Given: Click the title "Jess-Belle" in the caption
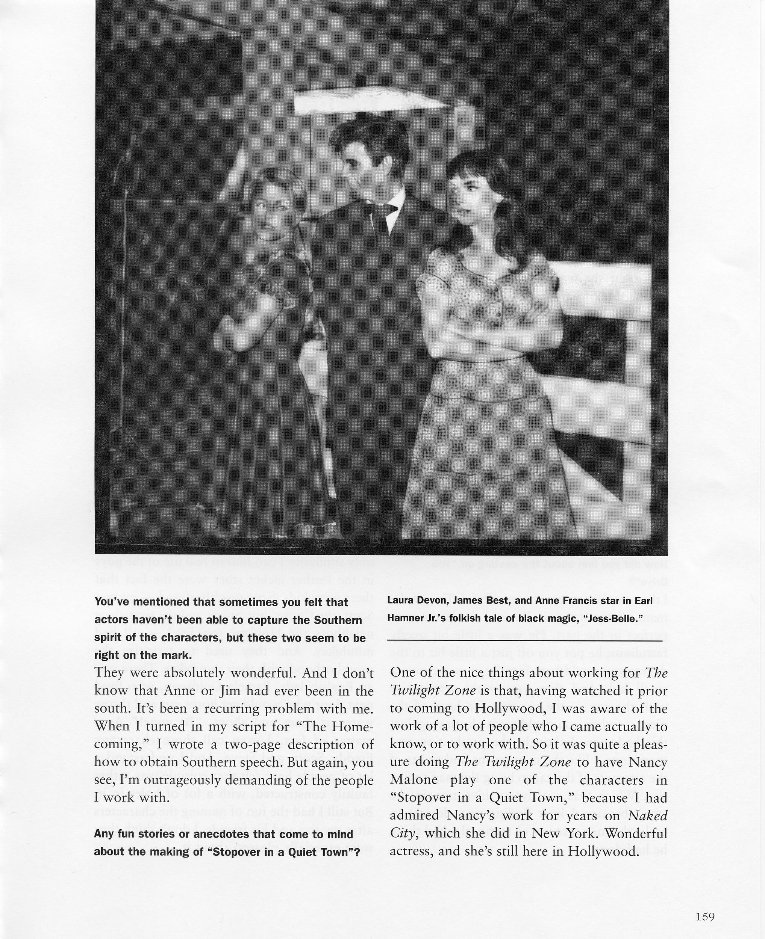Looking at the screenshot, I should click(x=611, y=618).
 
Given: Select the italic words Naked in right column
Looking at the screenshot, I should click(x=647, y=816).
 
